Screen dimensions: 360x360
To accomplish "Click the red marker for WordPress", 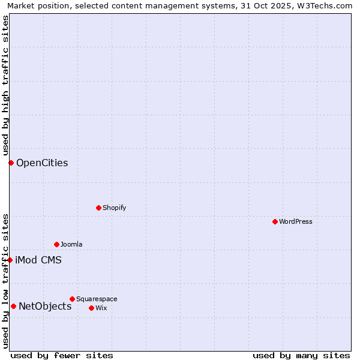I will click(x=275, y=221).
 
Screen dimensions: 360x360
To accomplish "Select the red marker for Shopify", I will click(x=98, y=208).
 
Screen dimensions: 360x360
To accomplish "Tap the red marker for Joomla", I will click(x=56, y=244).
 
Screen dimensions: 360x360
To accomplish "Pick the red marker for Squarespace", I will click(x=72, y=299).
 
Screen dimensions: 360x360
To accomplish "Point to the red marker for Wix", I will click(x=91, y=308).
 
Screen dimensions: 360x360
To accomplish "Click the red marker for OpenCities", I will click(x=11, y=163).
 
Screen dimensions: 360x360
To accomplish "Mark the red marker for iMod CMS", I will click(x=10, y=260).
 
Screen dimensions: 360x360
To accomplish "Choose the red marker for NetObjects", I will click(x=13, y=306).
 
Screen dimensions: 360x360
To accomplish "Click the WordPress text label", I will click(x=296, y=221).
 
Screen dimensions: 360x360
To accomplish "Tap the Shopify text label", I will click(x=114, y=208).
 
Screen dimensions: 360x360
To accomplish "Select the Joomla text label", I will click(x=71, y=244).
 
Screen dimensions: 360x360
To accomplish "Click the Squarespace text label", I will click(x=97, y=299).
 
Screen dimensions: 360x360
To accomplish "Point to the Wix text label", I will click(x=101, y=308).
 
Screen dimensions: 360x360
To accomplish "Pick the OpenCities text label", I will click(x=42, y=163).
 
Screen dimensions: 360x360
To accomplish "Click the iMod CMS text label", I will click(x=38, y=260).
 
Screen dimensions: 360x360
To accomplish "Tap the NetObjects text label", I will click(x=45, y=306).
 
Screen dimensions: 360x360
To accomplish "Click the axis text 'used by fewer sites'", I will click(x=62, y=355).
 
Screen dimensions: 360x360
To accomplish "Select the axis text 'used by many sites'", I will click(x=301, y=355).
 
